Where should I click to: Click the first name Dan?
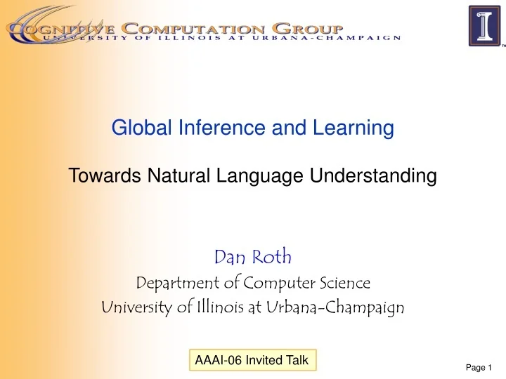226,258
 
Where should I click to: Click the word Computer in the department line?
275,283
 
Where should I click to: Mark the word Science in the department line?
342,283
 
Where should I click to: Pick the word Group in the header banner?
309,28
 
